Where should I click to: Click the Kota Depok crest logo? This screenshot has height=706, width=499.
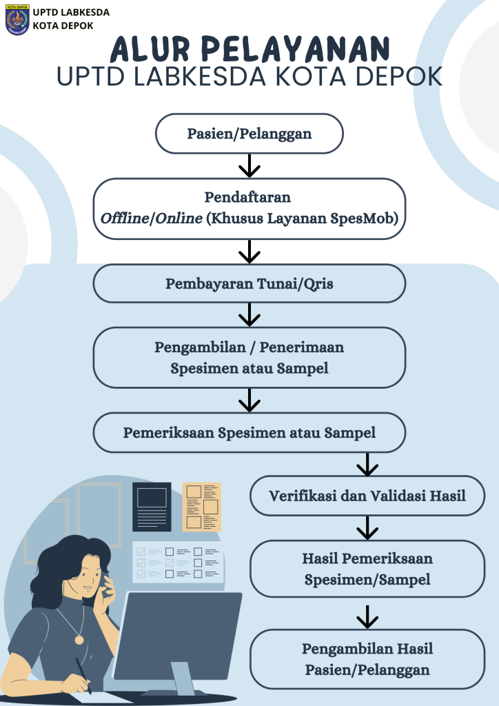pyautogui.click(x=17, y=19)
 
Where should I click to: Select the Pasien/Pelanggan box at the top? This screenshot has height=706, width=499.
pyautogui.click(x=249, y=133)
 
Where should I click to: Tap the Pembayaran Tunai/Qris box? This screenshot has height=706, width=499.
pyautogui.click(x=249, y=283)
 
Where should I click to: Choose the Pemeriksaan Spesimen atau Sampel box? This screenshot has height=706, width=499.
pyautogui.click(x=249, y=433)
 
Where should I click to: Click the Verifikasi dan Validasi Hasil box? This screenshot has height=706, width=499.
pyautogui.click(x=367, y=496)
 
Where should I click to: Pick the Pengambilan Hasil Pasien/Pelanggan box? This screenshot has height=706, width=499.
pyautogui.click(x=367, y=659)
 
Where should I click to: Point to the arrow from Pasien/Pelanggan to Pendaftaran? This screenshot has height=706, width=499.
pyautogui.click(x=249, y=165)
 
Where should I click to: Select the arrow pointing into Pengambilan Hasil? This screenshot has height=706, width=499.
pyautogui.click(x=367, y=616)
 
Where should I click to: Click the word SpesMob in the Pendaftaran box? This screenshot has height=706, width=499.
pyautogui.click(x=373, y=219)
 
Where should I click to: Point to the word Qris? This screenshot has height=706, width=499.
pyautogui.click(x=317, y=283)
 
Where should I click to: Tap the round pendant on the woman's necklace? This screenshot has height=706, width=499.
pyautogui.click(x=79, y=641)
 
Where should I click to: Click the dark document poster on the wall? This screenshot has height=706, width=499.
pyautogui.click(x=152, y=507)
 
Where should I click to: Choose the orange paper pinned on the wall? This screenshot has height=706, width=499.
pyautogui.click(x=202, y=507)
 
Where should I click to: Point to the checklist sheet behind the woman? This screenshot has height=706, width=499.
pyautogui.click(x=179, y=563)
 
